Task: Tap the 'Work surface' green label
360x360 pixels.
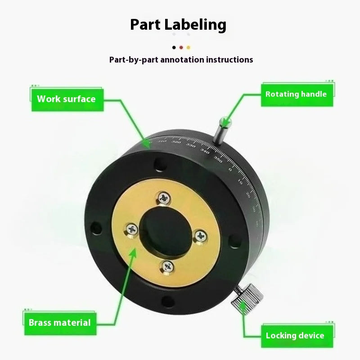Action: tap(66, 99)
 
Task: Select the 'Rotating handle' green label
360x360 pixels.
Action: tap(296, 94)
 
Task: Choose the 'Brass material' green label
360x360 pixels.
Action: tap(59, 322)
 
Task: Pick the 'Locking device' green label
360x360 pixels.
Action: tap(295, 335)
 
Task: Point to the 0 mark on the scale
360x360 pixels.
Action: tap(229, 170)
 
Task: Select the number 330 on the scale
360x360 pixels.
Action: tap(191, 146)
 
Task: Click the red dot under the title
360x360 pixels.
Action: tap(181, 47)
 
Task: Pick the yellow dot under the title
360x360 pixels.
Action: tap(189, 47)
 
